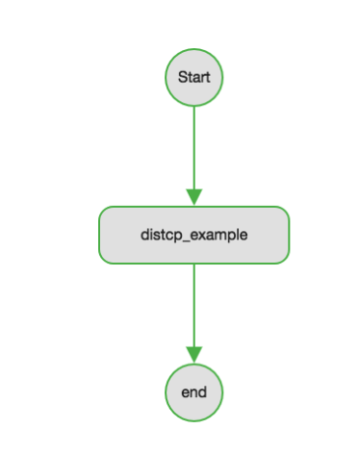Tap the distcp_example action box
click(x=193, y=234)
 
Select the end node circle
click(x=193, y=391)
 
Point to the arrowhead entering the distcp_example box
click(x=193, y=197)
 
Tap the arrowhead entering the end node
click(x=193, y=355)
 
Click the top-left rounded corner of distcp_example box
click(x=103, y=211)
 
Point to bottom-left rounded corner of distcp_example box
click(x=103, y=258)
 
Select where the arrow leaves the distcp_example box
click(x=193, y=264)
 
